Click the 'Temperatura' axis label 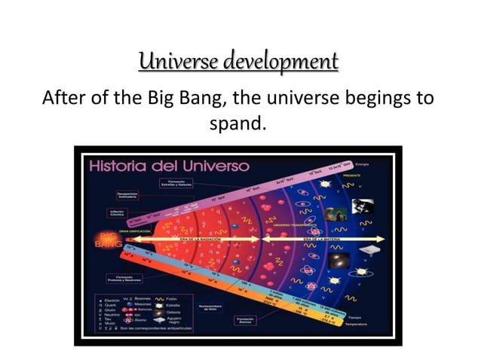tap(357, 324)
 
